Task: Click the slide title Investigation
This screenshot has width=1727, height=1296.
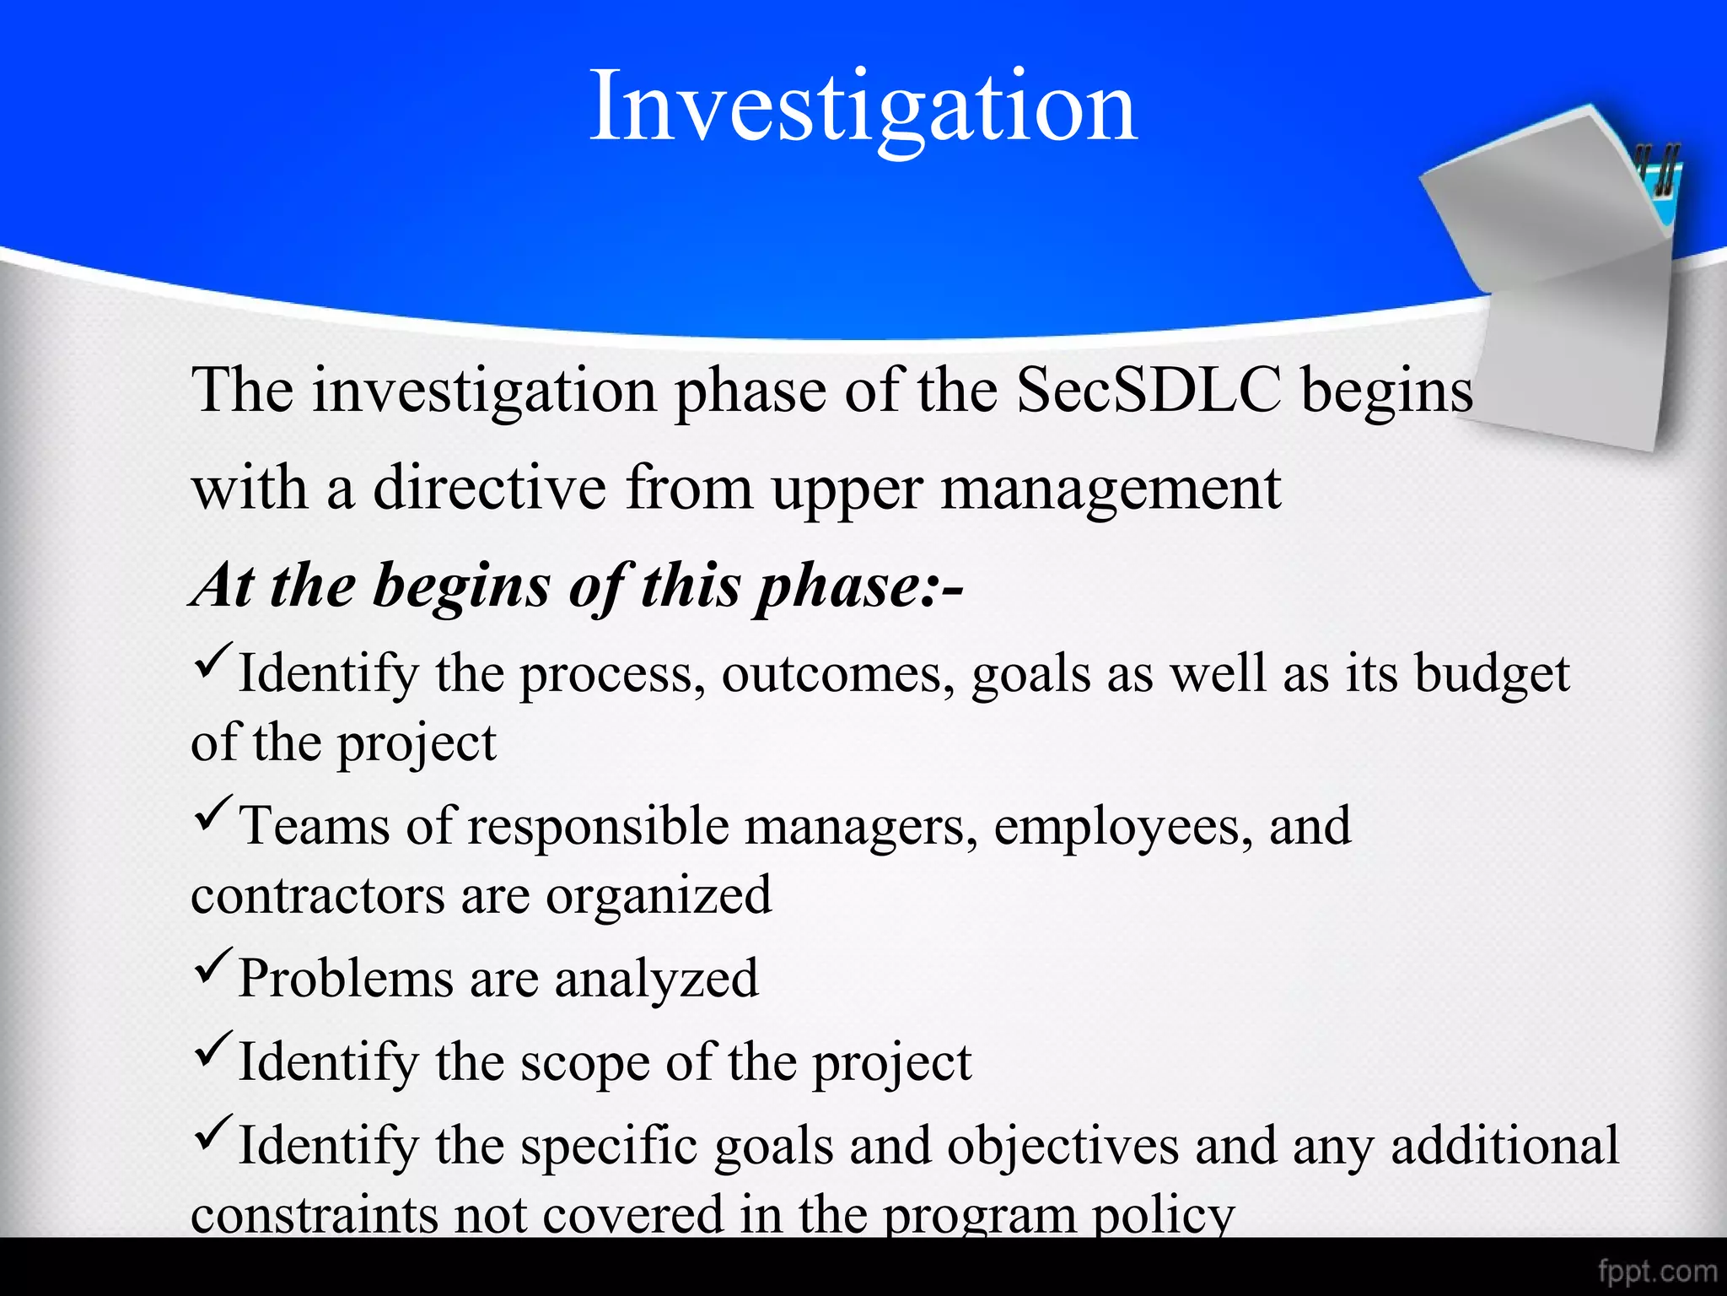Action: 863,108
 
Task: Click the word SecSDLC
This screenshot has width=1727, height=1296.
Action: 1149,390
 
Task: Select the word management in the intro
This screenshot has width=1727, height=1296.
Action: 1111,489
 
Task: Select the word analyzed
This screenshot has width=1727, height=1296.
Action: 656,979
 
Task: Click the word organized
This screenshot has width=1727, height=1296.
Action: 659,896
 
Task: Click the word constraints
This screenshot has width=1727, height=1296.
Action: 315,1214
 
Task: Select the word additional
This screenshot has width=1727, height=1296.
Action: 1504,1146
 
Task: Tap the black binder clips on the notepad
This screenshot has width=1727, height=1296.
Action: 1658,169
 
